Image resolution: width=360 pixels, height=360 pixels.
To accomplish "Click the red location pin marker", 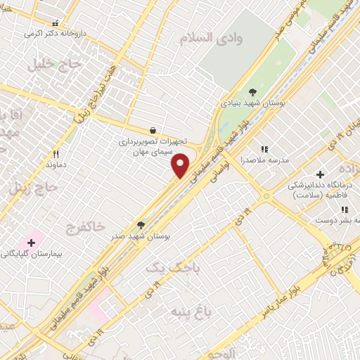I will point(181,166).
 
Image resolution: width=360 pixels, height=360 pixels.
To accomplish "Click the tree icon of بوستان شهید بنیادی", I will point(253,91).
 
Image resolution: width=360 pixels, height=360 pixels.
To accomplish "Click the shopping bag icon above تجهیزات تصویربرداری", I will point(153,130).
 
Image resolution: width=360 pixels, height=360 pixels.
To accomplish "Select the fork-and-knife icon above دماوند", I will point(56,153).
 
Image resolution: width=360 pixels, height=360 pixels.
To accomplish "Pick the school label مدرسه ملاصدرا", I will point(265,160).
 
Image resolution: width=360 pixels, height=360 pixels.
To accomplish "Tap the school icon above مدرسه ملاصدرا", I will point(265,149).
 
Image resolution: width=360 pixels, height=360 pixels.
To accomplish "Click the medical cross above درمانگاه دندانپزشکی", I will point(320,174).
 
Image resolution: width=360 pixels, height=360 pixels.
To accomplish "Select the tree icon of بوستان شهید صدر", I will point(141,225).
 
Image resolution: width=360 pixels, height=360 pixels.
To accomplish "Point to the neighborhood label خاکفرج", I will point(85,226).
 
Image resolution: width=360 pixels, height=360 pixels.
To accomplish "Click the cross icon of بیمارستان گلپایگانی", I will point(31,242).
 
